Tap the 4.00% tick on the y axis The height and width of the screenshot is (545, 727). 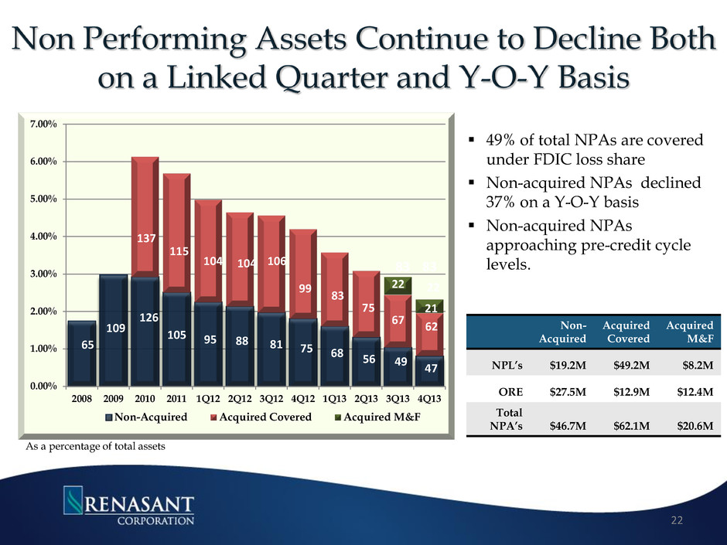coord(41,237)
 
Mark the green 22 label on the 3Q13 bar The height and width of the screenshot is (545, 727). coord(398,285)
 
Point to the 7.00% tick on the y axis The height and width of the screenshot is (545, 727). coord(41,124)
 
